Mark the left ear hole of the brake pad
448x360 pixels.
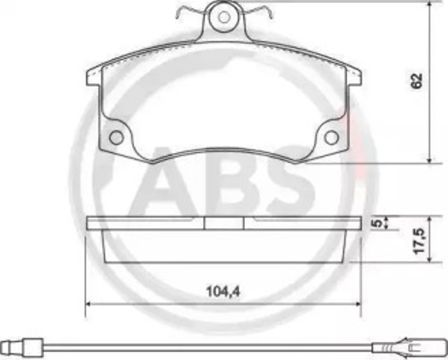(x=116, y=138)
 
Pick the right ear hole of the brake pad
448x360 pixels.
(x=330, y=138)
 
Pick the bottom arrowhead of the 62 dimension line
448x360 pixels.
(x=430, y=158)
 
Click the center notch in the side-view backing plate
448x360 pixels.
(x=224, y=223)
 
